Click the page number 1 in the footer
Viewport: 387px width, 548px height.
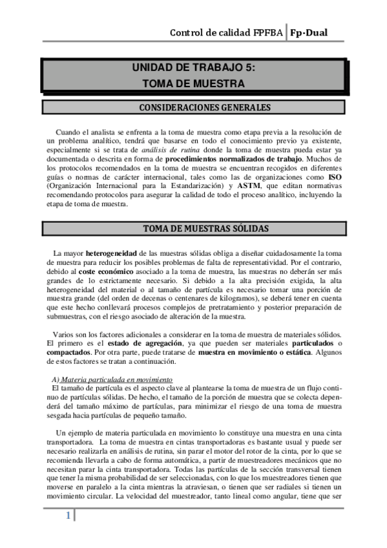(67, 516)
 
